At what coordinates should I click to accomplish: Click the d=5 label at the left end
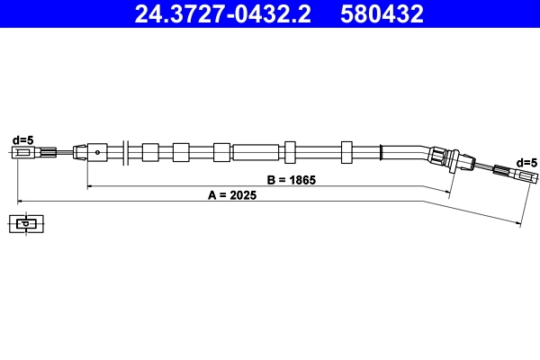pyautogui.click(x=22, y=139)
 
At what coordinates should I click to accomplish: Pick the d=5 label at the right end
pyautogui.click(x=526, y=162)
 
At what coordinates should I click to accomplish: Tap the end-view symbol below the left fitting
pyautogui.click(x=27, y=223)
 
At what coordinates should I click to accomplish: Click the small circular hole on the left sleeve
pyautogui.click(x=96, y=152)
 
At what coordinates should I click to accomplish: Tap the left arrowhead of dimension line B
pyautogui.click(x=90, y=186)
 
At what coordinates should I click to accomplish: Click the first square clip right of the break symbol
pyautogui.click(x=149, y=151)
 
